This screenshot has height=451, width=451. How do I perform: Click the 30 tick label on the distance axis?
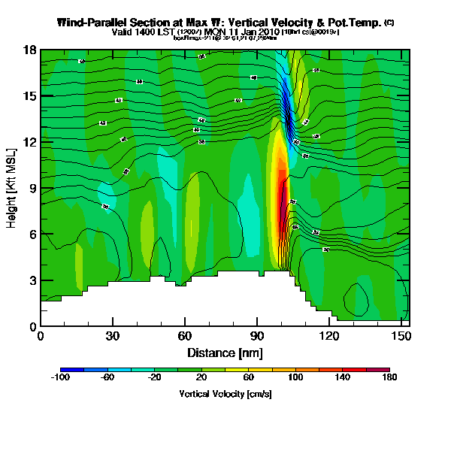tap(113, 336)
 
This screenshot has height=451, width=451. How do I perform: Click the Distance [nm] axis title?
tap(225, 352)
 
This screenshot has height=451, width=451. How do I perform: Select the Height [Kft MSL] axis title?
tap(12, 188)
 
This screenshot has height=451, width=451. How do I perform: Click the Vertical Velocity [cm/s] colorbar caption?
tap(225, 394)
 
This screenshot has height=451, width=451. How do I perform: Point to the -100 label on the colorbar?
tap(60, 378)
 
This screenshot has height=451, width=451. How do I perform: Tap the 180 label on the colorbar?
tap(389, 378)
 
